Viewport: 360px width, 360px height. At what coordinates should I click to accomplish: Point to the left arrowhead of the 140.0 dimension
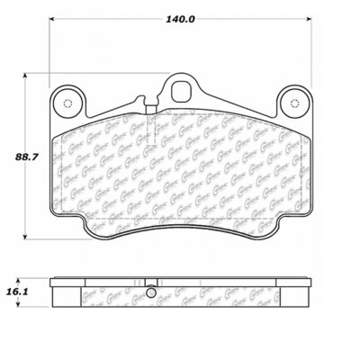pyautogui.click(x=50, y=19)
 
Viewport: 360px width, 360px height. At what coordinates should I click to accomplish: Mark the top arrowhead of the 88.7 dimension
pyautogui.click(x=37, y=75)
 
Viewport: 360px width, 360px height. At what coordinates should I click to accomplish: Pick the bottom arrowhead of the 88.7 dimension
pyautogui.click(x=37, y=240)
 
